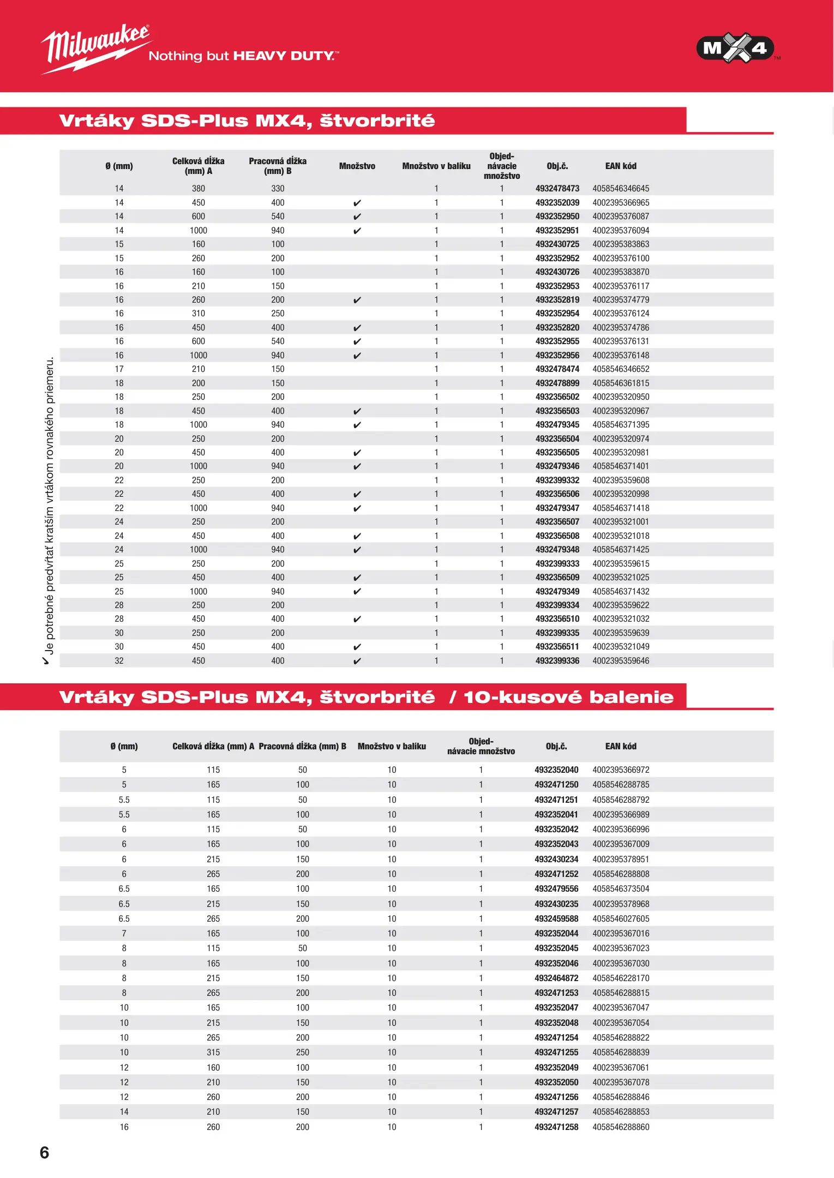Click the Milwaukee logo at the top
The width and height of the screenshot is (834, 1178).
(95, 48)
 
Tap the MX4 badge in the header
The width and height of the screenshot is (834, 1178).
(735, 49)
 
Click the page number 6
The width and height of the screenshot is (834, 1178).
(45, 1152)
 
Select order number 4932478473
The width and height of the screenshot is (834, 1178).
(557, 189)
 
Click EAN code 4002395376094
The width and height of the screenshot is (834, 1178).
(621, 231)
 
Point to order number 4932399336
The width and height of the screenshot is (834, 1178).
(557, 661)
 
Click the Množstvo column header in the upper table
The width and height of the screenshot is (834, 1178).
(357, 166)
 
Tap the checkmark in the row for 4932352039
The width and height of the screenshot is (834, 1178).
(357, 203)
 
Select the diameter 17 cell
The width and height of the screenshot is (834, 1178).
(119, 369)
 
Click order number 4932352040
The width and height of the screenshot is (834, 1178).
(556, 770)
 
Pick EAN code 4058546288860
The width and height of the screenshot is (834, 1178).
(621, 1127)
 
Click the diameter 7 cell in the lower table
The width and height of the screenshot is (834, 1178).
(124, 934)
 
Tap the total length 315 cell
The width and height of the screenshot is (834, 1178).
(213, 1053)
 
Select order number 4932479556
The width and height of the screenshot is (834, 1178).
(556, 889)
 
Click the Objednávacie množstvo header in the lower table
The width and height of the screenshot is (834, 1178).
(481, 747)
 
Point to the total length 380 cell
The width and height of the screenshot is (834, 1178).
(198, 189)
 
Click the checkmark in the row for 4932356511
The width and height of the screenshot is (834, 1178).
(357, 647)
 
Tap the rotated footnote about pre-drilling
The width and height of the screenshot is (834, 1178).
(49, 510)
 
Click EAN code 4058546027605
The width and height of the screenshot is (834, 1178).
(621, 919)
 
